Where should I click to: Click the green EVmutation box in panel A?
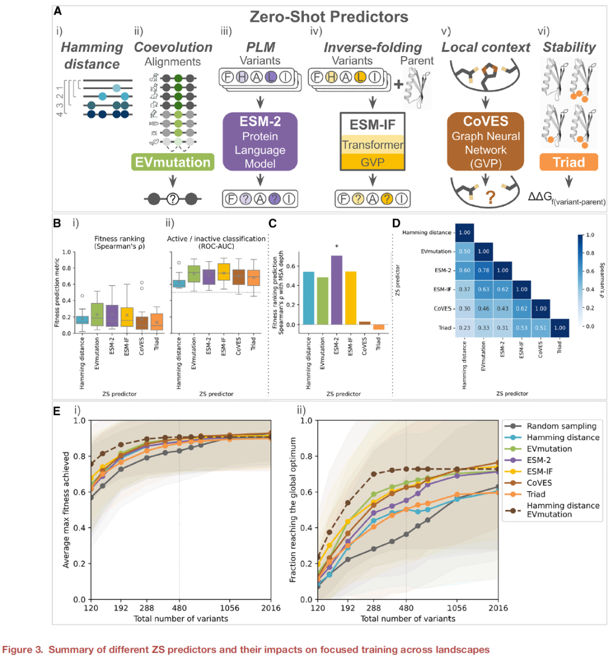point(173,162)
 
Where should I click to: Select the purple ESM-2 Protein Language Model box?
point(260,142)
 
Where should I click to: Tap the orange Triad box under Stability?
point(568,162)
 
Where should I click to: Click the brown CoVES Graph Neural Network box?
point(485,142)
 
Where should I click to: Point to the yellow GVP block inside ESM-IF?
point(372,162)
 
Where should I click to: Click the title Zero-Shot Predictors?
point(329,17)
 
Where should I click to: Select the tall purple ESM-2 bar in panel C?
point(337,290)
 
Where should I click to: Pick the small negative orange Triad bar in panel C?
point(379,327)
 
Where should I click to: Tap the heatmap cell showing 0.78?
point(484,271)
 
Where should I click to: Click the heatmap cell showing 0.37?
point(464,290)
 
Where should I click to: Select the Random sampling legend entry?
point(561,426)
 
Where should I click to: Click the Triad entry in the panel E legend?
point(536,494)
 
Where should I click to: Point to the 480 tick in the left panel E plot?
point(179,608)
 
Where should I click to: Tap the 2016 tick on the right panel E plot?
point(498,608)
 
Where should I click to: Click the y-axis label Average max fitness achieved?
point(66,510)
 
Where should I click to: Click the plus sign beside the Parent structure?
point(399,84)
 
